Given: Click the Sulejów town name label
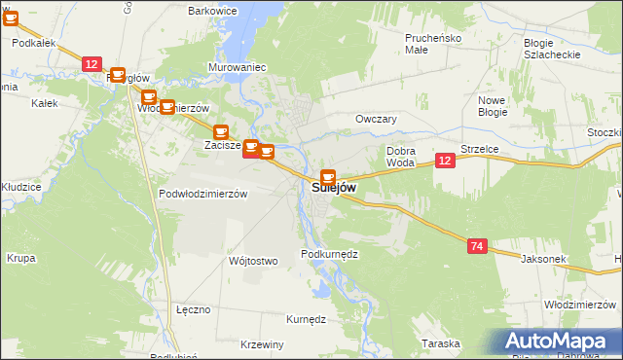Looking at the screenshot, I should pos(334,187).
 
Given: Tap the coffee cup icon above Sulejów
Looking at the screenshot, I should pos(328,177).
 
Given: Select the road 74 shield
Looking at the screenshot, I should pos(476,247).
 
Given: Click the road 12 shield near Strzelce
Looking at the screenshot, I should pos(445,161).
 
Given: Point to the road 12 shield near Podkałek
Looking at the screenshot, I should pos(91,63).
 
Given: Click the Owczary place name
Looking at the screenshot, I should pos(377,119).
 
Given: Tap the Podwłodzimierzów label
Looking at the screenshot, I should pos(203,194).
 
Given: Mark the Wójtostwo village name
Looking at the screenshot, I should pos(252,261).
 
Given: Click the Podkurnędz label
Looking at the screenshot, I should pos(330,253).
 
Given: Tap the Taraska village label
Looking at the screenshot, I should pos(440,343).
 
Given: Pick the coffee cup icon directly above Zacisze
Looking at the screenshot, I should pos(221,131).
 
